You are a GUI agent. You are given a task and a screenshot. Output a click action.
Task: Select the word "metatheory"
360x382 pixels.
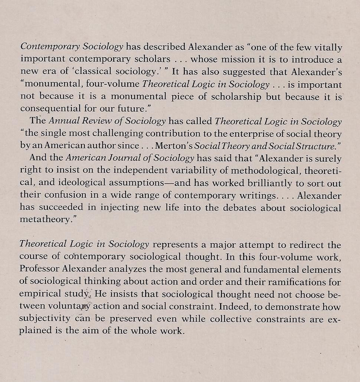45,220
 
